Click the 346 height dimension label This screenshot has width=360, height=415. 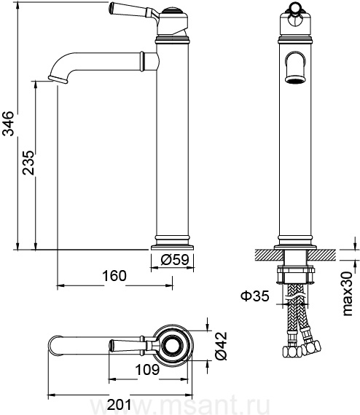8,123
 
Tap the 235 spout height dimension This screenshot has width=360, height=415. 28,163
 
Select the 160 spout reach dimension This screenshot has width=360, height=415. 114,275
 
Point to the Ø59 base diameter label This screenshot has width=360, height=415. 175,260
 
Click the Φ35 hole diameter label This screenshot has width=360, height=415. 255,296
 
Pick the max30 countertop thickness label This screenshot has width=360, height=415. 348,294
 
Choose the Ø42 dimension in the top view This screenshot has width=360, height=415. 222,345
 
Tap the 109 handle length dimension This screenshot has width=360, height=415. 147,369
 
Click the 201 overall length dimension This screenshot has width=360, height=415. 119,405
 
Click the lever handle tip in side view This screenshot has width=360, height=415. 111,8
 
